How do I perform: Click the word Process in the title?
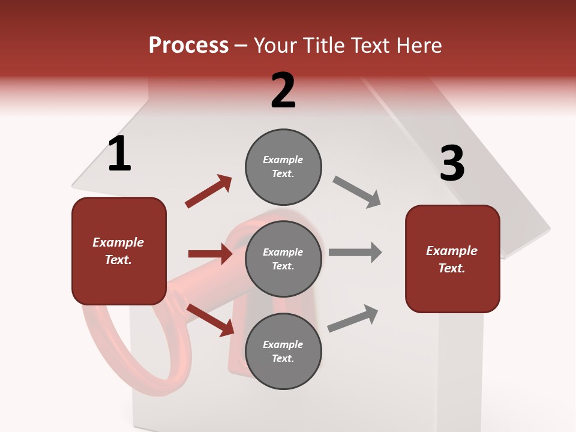point(188,46)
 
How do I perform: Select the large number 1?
point(119,154)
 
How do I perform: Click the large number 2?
point(283,91)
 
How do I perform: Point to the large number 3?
point(452,164)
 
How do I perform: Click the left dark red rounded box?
point(119,251)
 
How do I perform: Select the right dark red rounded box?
point(452,259)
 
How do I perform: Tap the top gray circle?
point(283,167)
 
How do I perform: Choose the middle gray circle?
point(283,259)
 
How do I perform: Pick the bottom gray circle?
point(283,351)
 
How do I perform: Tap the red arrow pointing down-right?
point(211,319)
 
